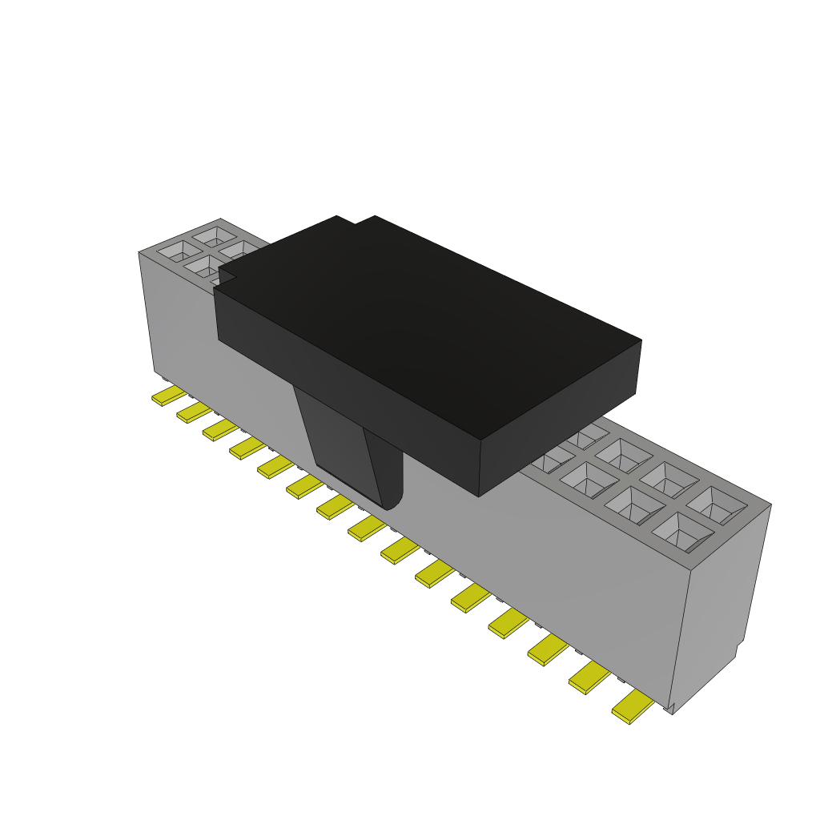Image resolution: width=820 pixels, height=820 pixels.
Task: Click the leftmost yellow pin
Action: (x=167, y=395)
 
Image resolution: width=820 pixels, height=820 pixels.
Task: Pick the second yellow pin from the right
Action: (x=589, y=677)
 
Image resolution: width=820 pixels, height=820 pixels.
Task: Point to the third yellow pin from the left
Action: (x=219, y=430)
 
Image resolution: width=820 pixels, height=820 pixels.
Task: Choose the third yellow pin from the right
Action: (x=547, y=649)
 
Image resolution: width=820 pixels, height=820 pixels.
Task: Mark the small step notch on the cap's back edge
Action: (x=356, y=219)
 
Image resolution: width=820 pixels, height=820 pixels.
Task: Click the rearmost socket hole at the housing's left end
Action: (x=215, y=235)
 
